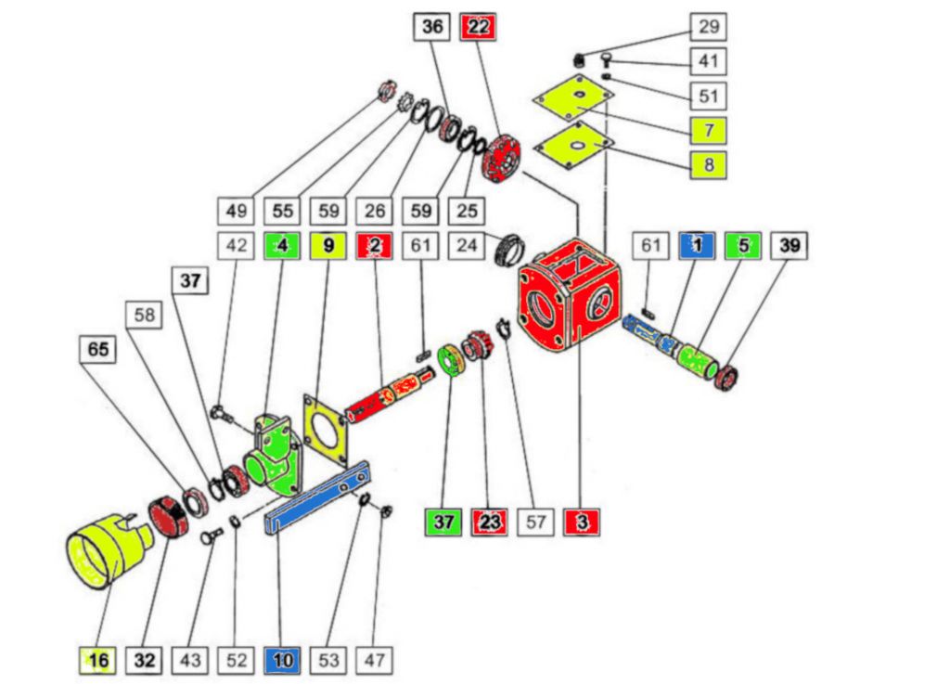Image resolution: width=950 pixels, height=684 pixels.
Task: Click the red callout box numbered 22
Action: pyautogui.click(x=477, y=27)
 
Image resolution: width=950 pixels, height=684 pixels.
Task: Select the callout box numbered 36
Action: pyautogui.click(x=432, y=27)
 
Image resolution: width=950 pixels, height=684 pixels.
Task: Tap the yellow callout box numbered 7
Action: pyautogui.click(x=708, y=130)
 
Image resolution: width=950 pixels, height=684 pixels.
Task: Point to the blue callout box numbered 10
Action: pyautogui.click(x=282, y=660)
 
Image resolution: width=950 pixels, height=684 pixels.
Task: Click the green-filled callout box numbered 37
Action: pyautogui.click(x=443, y=523)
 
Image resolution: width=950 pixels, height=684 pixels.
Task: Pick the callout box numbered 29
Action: pyautogui.click(x=708, y=27)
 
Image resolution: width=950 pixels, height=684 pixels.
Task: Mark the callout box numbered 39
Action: pyautogui.click(x=789, y=246)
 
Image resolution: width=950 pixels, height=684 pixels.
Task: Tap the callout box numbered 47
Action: pyautogui.click(x=374, y=660)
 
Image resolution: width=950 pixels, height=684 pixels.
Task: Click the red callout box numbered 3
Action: pyautogui.click(x=581, y=523)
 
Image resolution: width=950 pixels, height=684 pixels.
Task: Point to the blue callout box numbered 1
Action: pyautogui.click(x=697, y=246)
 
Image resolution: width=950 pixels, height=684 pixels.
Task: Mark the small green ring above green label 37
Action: pyautogui.click(x=454, y=360)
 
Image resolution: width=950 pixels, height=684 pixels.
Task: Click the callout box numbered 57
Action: pyautogui.click(x=535, y=523)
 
